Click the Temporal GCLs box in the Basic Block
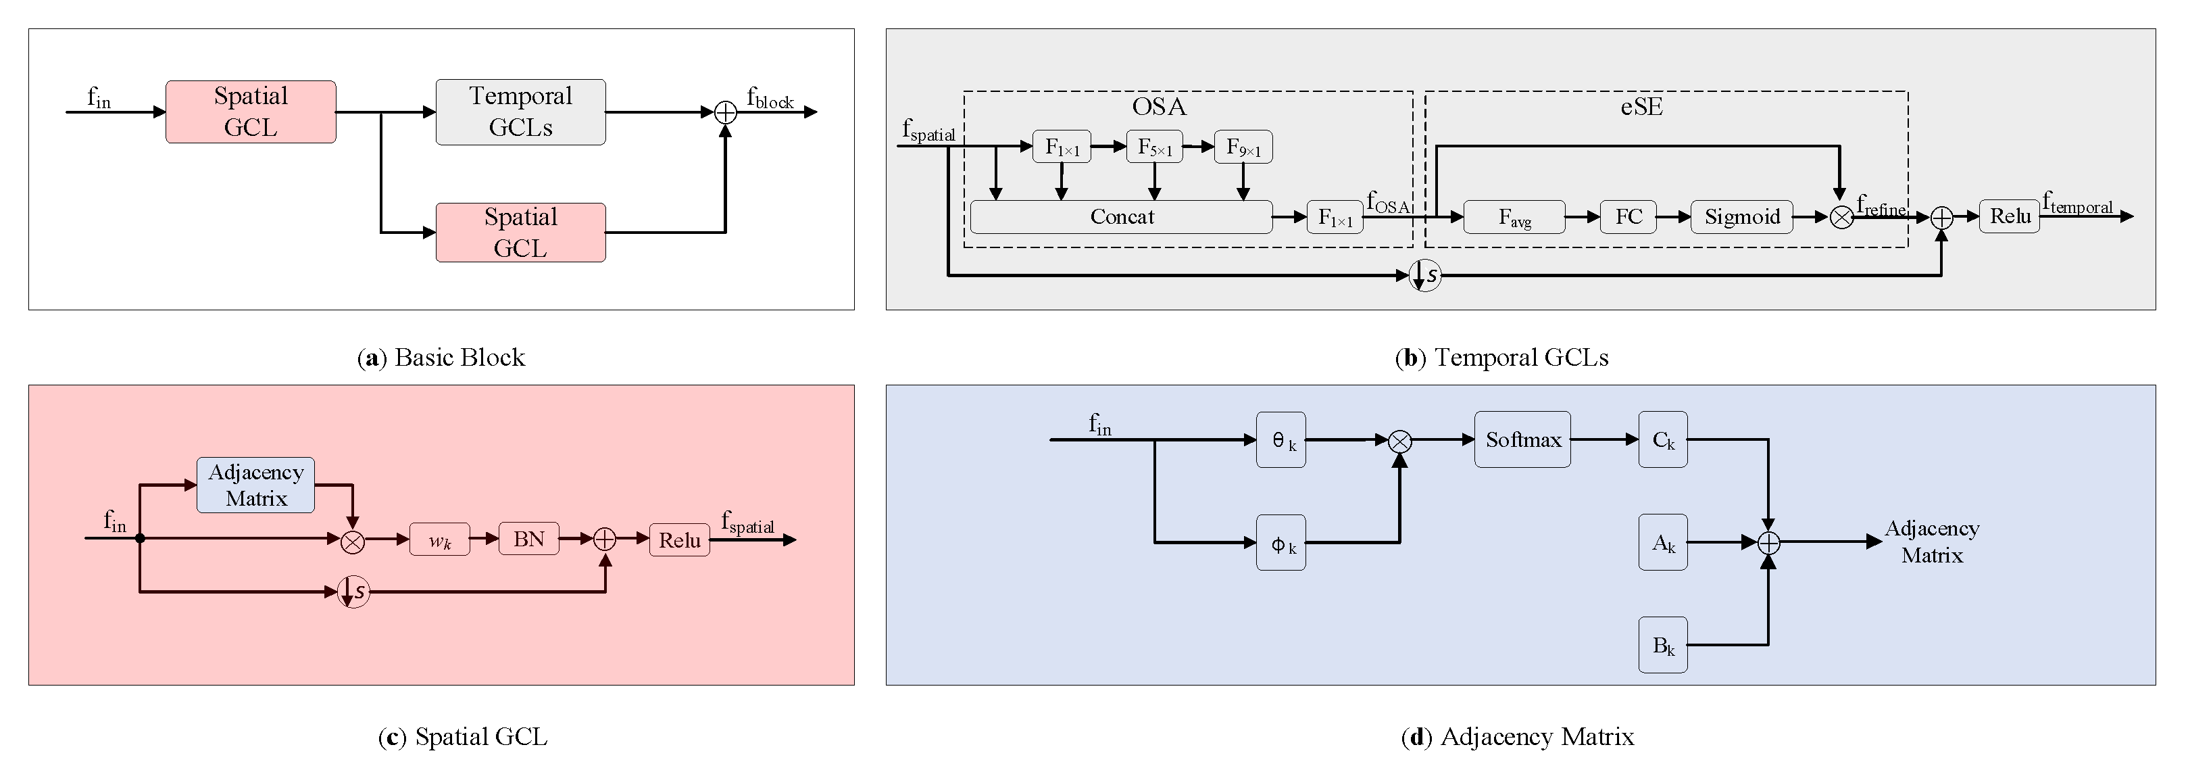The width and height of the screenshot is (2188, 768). [521, 112]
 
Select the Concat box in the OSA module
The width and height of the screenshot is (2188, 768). [1121, 216]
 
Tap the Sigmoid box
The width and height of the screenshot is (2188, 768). [1742, 216]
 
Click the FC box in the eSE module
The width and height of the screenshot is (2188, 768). [1628, 216]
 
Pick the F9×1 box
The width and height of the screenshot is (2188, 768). [1243, 147]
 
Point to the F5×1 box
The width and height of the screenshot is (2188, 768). [1154, 147]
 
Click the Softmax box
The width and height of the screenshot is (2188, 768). [1523, 439]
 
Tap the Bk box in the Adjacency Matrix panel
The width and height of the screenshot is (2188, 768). [1663, 646]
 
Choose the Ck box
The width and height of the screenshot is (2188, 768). [1663, 440]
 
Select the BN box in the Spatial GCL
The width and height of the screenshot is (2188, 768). [528, 539]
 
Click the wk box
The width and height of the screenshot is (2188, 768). [439, 539]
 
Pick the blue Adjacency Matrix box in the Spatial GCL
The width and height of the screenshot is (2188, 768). [255, 485]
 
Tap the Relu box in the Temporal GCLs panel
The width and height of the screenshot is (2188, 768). [2010, 216]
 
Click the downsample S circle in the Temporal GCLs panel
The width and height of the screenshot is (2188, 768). [1424, 275]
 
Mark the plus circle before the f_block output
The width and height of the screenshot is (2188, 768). [725, 112]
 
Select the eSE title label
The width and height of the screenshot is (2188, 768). [1641, 107]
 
